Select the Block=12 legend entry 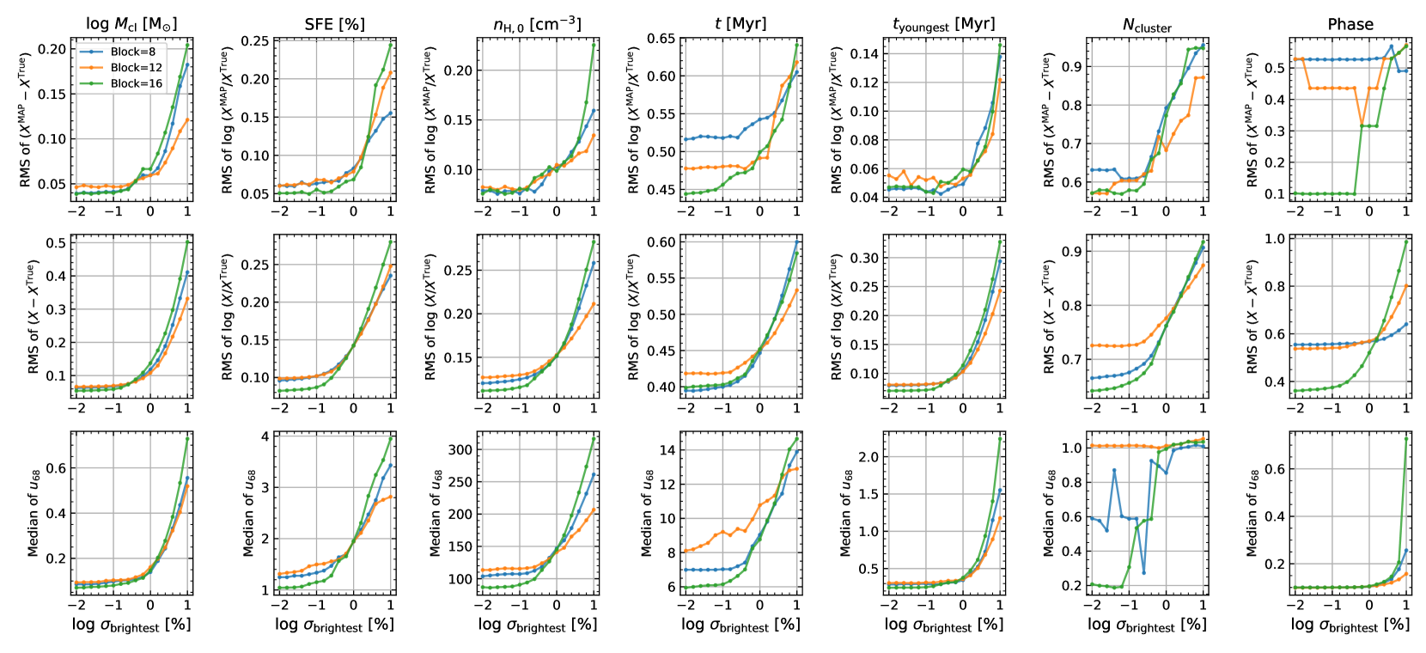coord(135,67)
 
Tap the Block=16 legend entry coord(135,83)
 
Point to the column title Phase coord(1350,24)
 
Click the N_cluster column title coord(1147,26)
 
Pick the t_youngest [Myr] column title coord(943,25)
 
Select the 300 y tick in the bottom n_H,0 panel coord(461,449)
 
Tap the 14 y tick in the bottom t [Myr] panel coord(667,450)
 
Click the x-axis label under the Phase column coord(1350,625)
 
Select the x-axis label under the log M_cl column coord(131,625)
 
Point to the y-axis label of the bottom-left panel coord(34,513)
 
